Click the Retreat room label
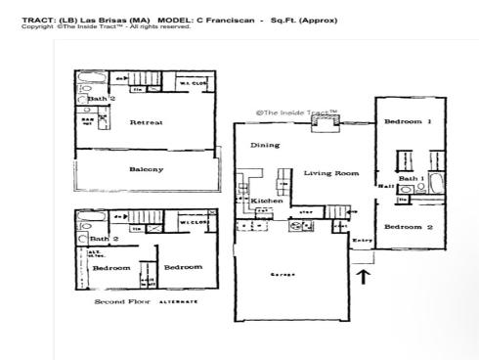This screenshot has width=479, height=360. click(x=146, y=122)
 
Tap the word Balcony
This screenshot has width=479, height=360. click(x=146, y=168)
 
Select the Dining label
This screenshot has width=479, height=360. click(x=265, y=145)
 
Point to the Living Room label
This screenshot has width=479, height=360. click(x=330, y=173)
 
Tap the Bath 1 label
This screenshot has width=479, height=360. click(x=410, y=178)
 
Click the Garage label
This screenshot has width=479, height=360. click(x=283, y=274)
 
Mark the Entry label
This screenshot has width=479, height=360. click(x=363, y=240)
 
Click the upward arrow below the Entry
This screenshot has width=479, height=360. click(x=364, y=276)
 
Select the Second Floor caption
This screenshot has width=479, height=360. click(x=121, y=301)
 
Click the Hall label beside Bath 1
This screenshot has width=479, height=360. click(x=384, y=184)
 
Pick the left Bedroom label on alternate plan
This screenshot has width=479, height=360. click(x=110, y=266)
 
